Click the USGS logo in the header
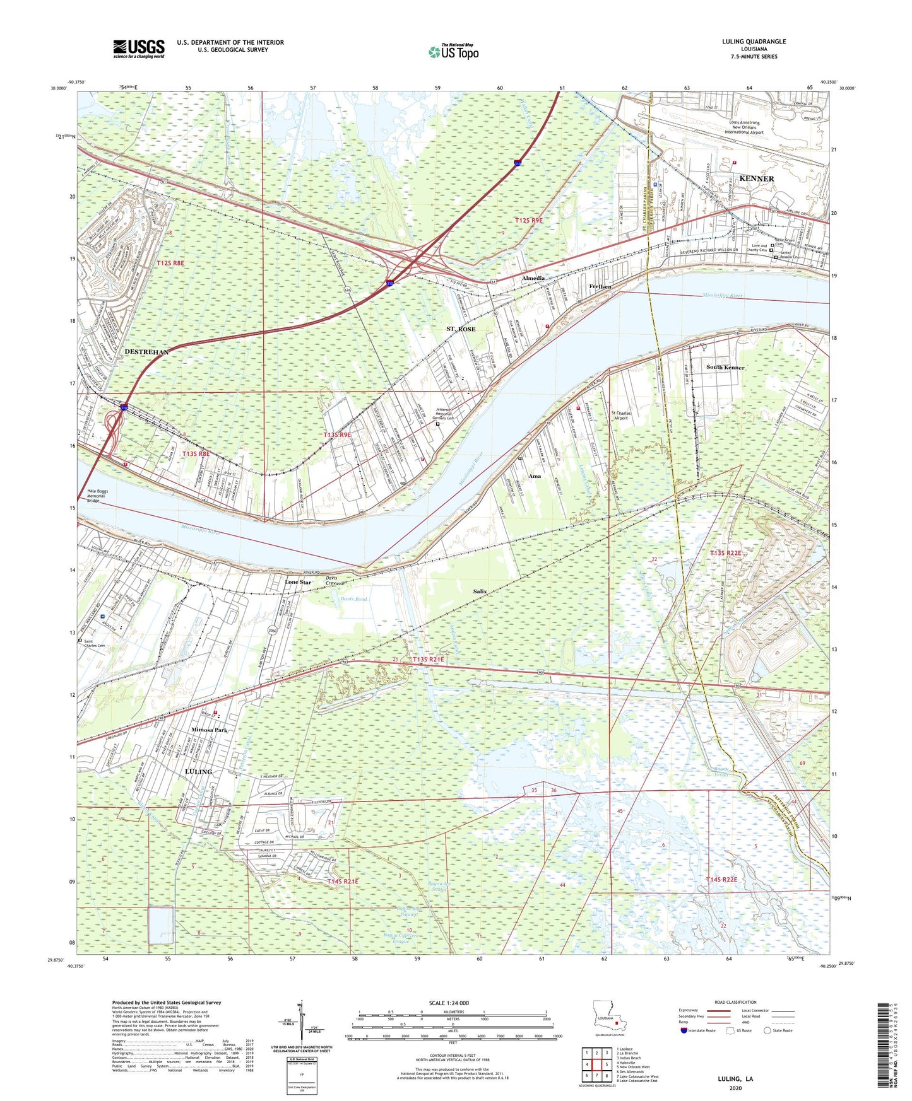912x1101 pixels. click(139, 49)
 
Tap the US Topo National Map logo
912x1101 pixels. click(453, 52)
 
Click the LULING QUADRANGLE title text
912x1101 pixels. click(754, 42)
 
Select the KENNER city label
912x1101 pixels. click(756, 178)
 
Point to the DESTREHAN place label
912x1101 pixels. click(146, 352)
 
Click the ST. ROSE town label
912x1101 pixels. click(461, 329)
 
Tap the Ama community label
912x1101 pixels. click(535, 476)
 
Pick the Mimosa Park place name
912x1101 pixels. click(209, 730)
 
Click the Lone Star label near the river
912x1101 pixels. click(298, 582)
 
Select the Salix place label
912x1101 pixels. click(480, 591)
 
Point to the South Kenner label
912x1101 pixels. click(725, 367)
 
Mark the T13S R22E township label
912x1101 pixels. click(725, 553)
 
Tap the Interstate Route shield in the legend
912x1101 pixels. click(684, 1030)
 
